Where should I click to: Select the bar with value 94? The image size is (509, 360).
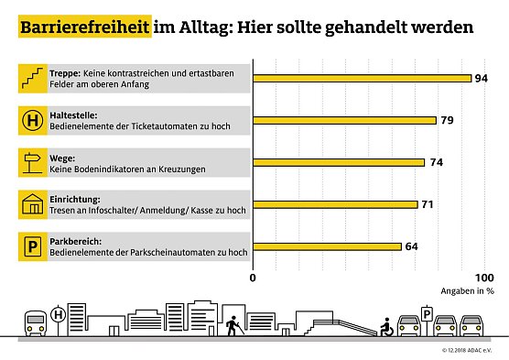click(362, 79)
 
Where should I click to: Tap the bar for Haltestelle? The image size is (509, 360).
click(344, 120)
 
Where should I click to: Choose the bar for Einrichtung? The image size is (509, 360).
click(335, 204)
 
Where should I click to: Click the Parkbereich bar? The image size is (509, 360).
click(327, 245)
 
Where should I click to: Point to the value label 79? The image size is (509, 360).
click(449, 120)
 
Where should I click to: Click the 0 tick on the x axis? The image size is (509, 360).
click(254, 277)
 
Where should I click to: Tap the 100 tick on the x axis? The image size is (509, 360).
click(483, 277)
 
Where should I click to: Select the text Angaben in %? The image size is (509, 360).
click(469, 290)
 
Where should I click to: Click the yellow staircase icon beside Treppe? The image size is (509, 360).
click(34, 79)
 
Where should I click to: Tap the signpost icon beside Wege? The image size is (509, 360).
click(34, 162)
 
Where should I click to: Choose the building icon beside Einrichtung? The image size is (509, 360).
click(34, 204)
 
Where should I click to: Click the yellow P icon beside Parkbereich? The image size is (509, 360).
click(34, 245)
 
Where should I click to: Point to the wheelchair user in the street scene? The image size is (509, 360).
click(387, 325)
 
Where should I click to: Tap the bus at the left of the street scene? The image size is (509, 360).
click(35, 322)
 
